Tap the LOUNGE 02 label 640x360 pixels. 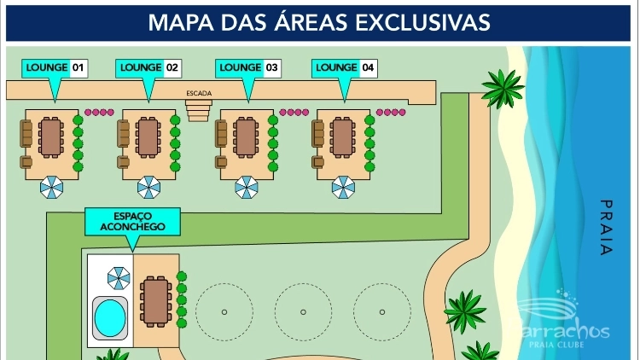pyautogui.click(x=148, y=67)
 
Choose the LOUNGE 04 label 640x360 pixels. pyautogui.click(x=345, y=67)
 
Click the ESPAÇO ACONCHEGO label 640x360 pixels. pyautogui.click(x=131, y=221)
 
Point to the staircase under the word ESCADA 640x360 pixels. pyautogui.click(x=198, y=109)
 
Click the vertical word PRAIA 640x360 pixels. pyautogui.click(x=607, y=228)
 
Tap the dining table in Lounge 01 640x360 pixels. pyautogui.click(x=52, y=136)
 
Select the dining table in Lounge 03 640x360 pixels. pyautogui.click(x=247, y=136)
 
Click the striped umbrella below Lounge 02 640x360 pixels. pyautogui.click(x=149, y=187)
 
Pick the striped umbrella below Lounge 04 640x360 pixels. pyautogui.click(x=344, y=187)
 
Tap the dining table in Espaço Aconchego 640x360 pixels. pyautogui.click(x=156, y=302)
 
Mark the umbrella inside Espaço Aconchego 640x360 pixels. pyautogui.click(x=119, y=277)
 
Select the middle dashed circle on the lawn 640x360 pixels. pyautogui.click(x=303, y=311)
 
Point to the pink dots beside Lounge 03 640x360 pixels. pyautogui.click(x=294, y=112)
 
